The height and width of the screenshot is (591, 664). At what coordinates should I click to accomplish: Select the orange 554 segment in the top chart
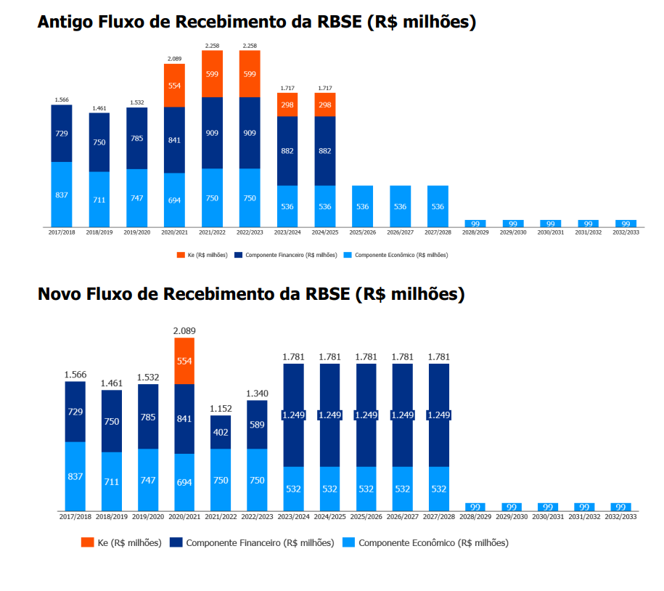tap(174, 85)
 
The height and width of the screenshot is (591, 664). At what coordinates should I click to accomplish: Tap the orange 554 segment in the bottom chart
tap(184, 361)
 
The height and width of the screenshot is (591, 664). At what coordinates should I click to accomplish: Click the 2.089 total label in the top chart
tap(174, 58)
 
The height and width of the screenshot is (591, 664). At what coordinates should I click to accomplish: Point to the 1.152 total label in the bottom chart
tap(221, 409)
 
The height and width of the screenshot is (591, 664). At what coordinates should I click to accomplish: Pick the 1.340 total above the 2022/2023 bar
tap(257, 394)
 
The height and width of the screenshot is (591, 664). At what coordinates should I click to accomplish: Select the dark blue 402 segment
tap(221, 432)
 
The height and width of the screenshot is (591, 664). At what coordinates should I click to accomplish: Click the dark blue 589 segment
tap(257, 425)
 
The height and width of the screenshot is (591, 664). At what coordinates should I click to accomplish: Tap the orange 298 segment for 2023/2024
tap(287, 105)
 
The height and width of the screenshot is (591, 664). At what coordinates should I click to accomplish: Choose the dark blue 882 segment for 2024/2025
tap(325, 150)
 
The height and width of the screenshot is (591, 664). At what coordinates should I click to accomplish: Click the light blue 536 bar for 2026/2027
tap(400, 206)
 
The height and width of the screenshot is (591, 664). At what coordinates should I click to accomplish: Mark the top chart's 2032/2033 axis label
tap(626, 232)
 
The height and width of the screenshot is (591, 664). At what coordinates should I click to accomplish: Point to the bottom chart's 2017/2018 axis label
tap(75, 516)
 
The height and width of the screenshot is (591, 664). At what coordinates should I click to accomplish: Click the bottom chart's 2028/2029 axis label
tap(475, 516)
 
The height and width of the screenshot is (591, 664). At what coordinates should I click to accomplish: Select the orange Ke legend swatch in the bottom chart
tap(87, 542)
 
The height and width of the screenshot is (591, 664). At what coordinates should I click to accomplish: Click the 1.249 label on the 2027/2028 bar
tap(439, 415)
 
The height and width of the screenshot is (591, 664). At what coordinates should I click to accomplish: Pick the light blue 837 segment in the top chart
tap(61, 194)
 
